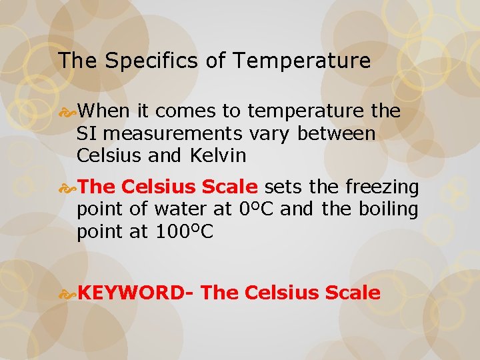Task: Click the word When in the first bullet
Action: click(x=107, y=111)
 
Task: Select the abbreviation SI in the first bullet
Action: click(x=86, y=133)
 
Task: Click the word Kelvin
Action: click(x=218, y=156)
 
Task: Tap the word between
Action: click(x=337, y=133)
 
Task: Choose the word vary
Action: click(x=270, y=134)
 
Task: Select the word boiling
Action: click(x=390, y=209)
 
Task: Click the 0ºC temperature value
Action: click(x=256, y=209)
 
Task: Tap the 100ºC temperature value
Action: click(x=184, y=231)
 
